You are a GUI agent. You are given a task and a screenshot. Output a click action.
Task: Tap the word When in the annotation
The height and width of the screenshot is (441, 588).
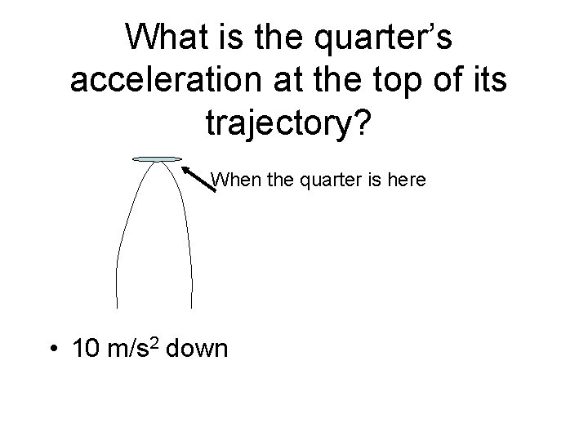coord(235,178)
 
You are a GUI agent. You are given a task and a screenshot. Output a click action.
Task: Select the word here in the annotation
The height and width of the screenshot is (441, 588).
coord(407,178)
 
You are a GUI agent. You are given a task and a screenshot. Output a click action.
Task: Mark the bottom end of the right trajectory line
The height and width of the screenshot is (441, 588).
coord(192,306)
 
